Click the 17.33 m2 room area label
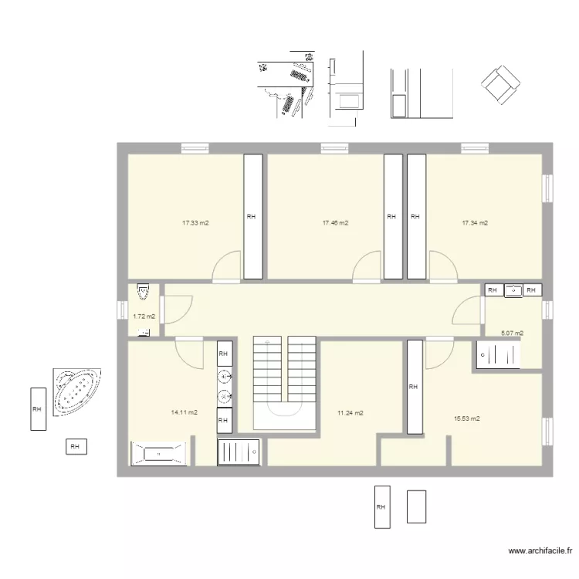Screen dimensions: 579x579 point(196,223)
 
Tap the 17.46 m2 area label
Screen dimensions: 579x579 point(335,223)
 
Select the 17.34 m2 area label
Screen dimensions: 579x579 point(475,223)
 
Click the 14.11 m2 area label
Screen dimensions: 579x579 point(185,412)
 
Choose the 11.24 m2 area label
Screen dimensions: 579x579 point(350,413)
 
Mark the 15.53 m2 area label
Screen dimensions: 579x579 point(467,418)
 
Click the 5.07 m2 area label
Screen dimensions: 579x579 point(512,334)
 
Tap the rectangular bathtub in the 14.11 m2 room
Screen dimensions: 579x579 point(159,454)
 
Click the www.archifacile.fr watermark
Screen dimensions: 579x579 point(541,551)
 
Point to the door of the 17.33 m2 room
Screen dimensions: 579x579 point(227,266)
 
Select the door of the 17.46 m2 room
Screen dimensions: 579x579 point(366,266)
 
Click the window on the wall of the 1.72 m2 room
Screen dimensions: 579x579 point(120,310)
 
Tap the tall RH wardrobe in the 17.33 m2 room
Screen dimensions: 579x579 point(252,216)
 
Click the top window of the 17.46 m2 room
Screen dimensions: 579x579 point(334,147)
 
